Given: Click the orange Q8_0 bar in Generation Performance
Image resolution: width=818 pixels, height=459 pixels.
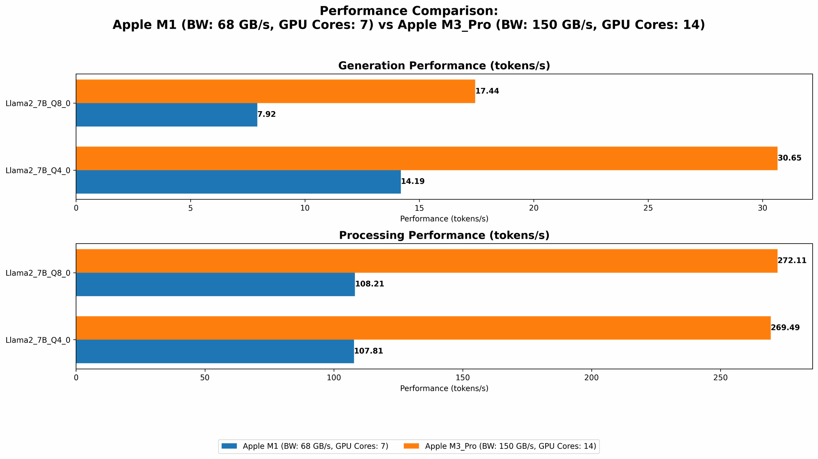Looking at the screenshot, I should click(275, 91).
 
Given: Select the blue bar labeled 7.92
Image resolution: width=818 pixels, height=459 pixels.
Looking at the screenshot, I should click(166, 114).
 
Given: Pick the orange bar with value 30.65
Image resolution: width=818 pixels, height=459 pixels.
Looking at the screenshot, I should click(427, 158).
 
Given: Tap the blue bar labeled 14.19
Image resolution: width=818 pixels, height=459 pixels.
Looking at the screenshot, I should click(238, 181).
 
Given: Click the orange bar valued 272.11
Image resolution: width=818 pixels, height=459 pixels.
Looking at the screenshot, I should click(427, 261).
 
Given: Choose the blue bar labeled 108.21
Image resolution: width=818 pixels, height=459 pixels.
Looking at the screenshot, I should click(215, 284).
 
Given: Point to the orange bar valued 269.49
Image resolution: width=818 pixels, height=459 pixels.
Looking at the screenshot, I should click(423, 328).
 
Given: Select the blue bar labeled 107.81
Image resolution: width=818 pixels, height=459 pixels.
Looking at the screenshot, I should click(215, 351).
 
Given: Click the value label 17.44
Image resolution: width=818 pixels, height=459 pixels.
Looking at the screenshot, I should click(487, 91).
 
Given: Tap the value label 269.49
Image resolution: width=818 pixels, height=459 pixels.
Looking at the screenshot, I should click(785, 328).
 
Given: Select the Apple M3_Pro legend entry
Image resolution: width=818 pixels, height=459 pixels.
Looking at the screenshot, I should click(501, 446).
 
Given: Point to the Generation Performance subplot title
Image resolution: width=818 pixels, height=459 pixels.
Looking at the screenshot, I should click(444, 66).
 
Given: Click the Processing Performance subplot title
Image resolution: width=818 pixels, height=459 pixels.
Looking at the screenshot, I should click(444, 235).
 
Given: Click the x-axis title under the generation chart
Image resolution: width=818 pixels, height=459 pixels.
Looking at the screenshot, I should click(444, 219).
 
